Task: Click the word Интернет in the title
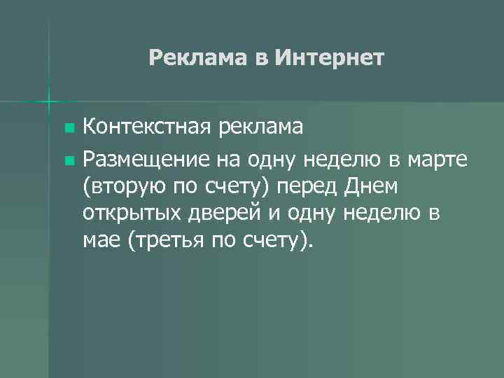tap(330, 57)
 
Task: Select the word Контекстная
tap(146, 127)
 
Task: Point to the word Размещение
tap(145, 160)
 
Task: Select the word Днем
tap(370, 187)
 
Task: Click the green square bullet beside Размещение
tap(68, 161)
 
